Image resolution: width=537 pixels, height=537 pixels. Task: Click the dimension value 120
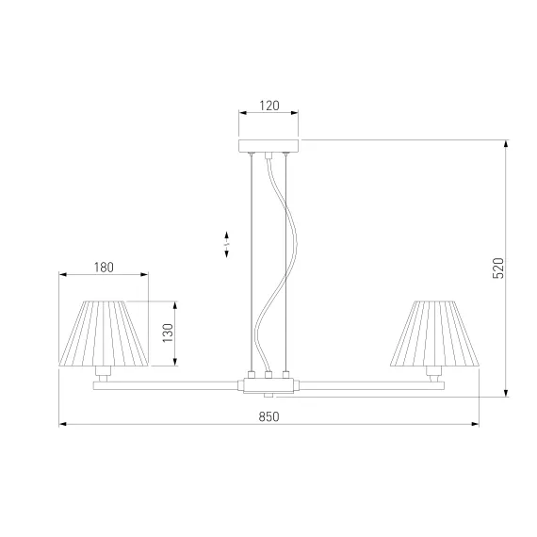tap(269, 106)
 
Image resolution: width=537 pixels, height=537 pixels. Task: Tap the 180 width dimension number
tap(104, 268)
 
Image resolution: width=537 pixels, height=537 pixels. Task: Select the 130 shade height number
tap(168, 333)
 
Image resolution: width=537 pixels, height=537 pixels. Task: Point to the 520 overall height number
tap(498, 268)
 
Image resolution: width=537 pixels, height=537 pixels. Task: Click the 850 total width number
tap(268, 416)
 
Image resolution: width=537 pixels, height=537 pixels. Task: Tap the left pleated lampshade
tap(104, 334)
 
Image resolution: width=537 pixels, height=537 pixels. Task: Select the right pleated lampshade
tap(434, 334)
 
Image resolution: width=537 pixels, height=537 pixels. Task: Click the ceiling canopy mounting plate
tap(268, 145)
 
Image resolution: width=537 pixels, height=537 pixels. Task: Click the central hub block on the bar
tap(268, 385)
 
